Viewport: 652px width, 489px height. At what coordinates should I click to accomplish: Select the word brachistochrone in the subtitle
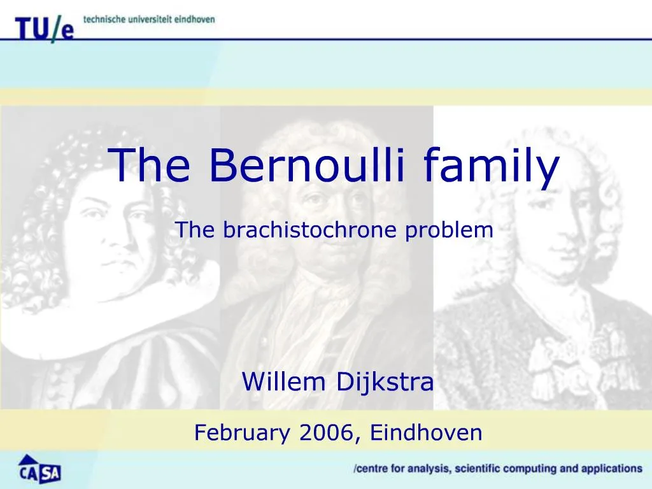[312, 230]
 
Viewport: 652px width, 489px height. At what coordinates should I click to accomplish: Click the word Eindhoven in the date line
[426, 433]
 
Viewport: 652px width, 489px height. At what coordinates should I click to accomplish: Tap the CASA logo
[39, 469]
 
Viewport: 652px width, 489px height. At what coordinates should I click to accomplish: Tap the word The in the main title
[151, 164]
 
